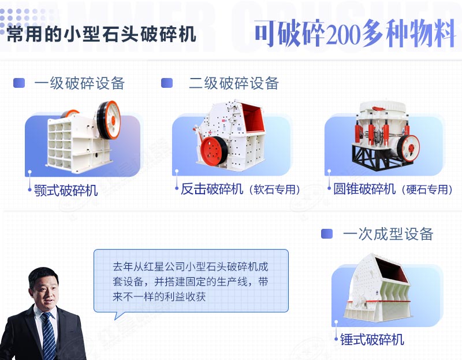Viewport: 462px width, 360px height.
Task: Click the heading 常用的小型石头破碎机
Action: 101,34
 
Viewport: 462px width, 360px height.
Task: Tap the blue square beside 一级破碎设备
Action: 19,83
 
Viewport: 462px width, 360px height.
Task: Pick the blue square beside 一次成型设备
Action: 327,233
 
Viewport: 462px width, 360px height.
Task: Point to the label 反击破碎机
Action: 212,189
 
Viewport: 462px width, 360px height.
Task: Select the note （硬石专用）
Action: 427,190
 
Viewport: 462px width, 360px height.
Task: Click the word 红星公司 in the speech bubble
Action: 162,267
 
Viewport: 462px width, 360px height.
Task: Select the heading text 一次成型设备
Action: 388,233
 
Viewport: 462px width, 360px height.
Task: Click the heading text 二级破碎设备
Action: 234,83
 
